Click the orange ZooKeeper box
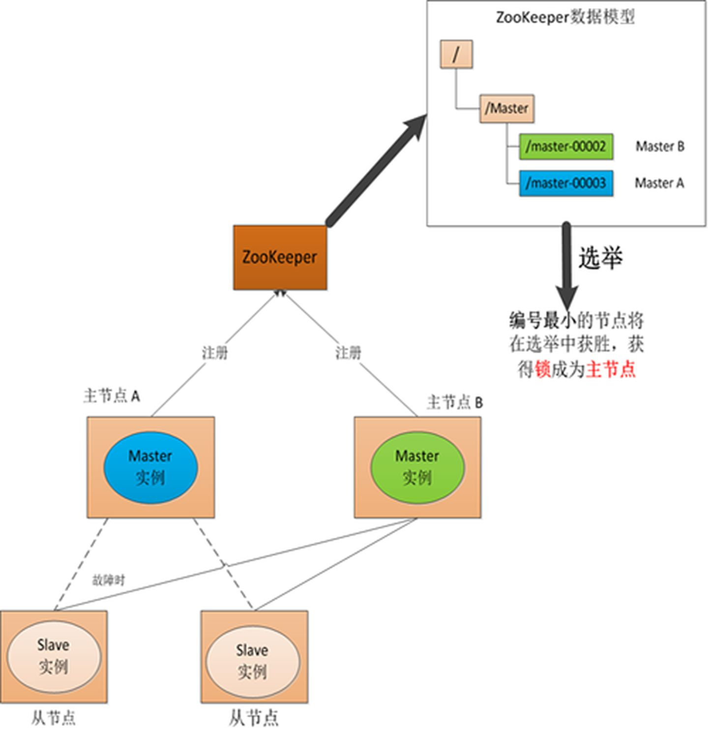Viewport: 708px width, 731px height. click(280, 257)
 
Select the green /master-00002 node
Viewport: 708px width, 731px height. click(566, 147)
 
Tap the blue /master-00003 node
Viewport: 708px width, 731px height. click(566, 183)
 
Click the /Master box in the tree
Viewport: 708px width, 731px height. click(506, 108)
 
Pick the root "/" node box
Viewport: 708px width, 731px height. click(456, 54)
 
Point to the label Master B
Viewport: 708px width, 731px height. click(659, 147)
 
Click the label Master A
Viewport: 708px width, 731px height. click(659, 183)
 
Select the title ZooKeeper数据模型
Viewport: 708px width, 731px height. click(565, 18)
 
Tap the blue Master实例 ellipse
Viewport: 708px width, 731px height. click(150, 467)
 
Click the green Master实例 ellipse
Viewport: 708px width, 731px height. click(417, 467)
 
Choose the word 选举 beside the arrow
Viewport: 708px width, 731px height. click(600, 257)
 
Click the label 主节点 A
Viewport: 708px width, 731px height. click(112, 396)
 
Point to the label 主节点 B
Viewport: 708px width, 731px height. click(455, 402)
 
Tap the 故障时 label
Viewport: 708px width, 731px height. click(109, 580)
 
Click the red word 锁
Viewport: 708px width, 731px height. click(543, 369)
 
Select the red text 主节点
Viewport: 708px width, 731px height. click(611, 369)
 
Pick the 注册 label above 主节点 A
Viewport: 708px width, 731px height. click(215, 353)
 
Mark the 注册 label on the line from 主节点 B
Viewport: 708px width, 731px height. click(348, 353)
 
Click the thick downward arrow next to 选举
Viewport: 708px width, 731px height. click(567, 266)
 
